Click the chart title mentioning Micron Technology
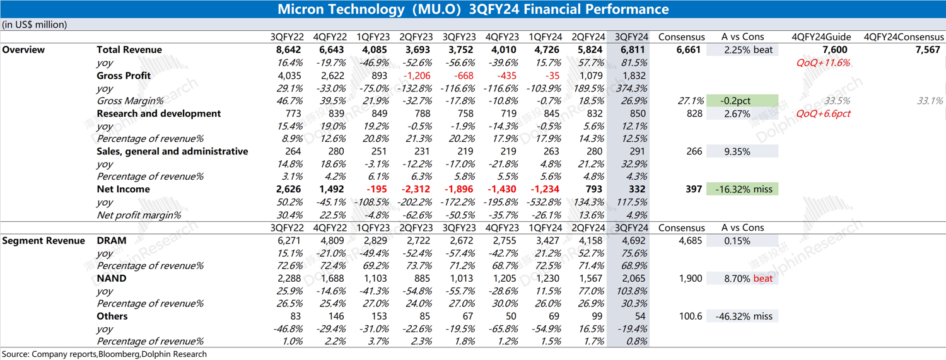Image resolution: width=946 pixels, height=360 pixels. (x=473, y=9)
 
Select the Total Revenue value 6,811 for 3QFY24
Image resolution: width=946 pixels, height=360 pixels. (x=633, y=50)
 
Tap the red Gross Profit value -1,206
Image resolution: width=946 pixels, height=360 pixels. (x=418, y=76)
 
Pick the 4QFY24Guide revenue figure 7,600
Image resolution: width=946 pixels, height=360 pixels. (x=834, y=50)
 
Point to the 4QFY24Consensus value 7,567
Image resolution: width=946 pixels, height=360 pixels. (x=928, y=50)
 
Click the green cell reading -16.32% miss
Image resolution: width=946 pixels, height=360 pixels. (x=742, y=189)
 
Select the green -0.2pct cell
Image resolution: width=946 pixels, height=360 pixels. (x=742, y=101)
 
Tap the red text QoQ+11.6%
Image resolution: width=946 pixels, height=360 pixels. (x=823, y=63)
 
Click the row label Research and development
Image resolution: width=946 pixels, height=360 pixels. (x=158, y=113)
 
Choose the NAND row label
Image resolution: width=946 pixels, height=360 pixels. (x=112, y=278)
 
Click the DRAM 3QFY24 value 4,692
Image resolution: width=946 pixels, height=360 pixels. (x=633, y=240)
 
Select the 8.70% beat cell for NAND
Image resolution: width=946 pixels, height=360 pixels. (x=742, y=278)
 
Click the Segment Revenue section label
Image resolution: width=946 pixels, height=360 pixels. (x=44, y=240)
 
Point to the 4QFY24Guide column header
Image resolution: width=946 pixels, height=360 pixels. (x=823, y=37)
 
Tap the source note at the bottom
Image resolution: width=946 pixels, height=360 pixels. (x=104, y=354)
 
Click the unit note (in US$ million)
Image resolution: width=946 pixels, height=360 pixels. (x=35, y=25)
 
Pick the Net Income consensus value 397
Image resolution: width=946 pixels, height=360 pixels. (x=693, y=189)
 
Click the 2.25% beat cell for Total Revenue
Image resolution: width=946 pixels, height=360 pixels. (x=742, y=50)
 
